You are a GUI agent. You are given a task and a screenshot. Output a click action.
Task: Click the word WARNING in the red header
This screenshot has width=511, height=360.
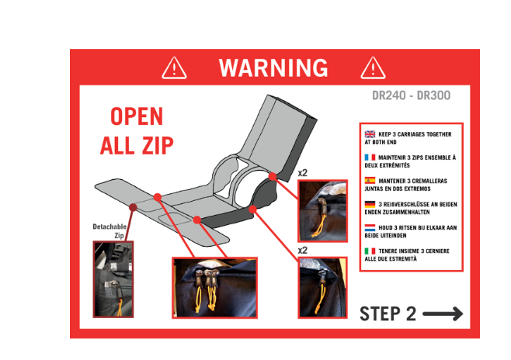(x=273, y=67)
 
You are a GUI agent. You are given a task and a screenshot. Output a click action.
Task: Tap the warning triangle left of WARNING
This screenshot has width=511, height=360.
(x=175, y=68)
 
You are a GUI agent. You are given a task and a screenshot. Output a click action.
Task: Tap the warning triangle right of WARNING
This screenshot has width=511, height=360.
(x=373, y=68)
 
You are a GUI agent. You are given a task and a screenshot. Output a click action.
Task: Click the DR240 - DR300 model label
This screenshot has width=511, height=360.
(x=412, y=95)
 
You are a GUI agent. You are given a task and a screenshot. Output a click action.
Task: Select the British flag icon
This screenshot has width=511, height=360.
(x=370, y=134)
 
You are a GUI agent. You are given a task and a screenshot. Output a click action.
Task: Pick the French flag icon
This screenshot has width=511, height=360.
(x=370, y=157)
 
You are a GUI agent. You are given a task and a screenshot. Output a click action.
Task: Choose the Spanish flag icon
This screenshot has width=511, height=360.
(x=370, y=181)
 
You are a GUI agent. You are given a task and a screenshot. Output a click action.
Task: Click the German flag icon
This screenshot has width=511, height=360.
(x=370, y=204)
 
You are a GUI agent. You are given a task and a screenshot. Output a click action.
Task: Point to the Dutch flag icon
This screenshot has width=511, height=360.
(x=370, y=227)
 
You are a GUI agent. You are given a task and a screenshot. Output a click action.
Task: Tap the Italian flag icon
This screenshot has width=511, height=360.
(x=370, y=251)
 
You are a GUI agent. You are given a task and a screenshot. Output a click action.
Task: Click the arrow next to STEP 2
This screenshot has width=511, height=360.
(x=443, y=313)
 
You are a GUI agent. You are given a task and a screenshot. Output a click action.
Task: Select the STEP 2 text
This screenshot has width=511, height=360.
(x=388, y=313)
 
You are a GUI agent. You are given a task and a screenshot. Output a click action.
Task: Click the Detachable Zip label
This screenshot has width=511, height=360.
(x=109, y=230)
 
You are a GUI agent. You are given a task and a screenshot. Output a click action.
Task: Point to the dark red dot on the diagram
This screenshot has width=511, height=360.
(x=133, y=207)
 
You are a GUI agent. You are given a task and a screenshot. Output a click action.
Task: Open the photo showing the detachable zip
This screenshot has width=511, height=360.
(x=113, y=279)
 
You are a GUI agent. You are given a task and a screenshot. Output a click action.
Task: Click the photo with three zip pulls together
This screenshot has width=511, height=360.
(x=215, y=288)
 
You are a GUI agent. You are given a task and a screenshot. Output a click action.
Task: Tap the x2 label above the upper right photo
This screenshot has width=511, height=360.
(x=302, y=173)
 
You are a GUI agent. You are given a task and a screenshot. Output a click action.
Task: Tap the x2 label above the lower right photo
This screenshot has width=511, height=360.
(x=302, y=251)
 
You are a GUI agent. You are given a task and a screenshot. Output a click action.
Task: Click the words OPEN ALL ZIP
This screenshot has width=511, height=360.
(x=137, y=130)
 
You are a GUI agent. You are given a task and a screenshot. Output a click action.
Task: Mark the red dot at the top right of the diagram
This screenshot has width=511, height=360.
(x=273, y=176)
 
